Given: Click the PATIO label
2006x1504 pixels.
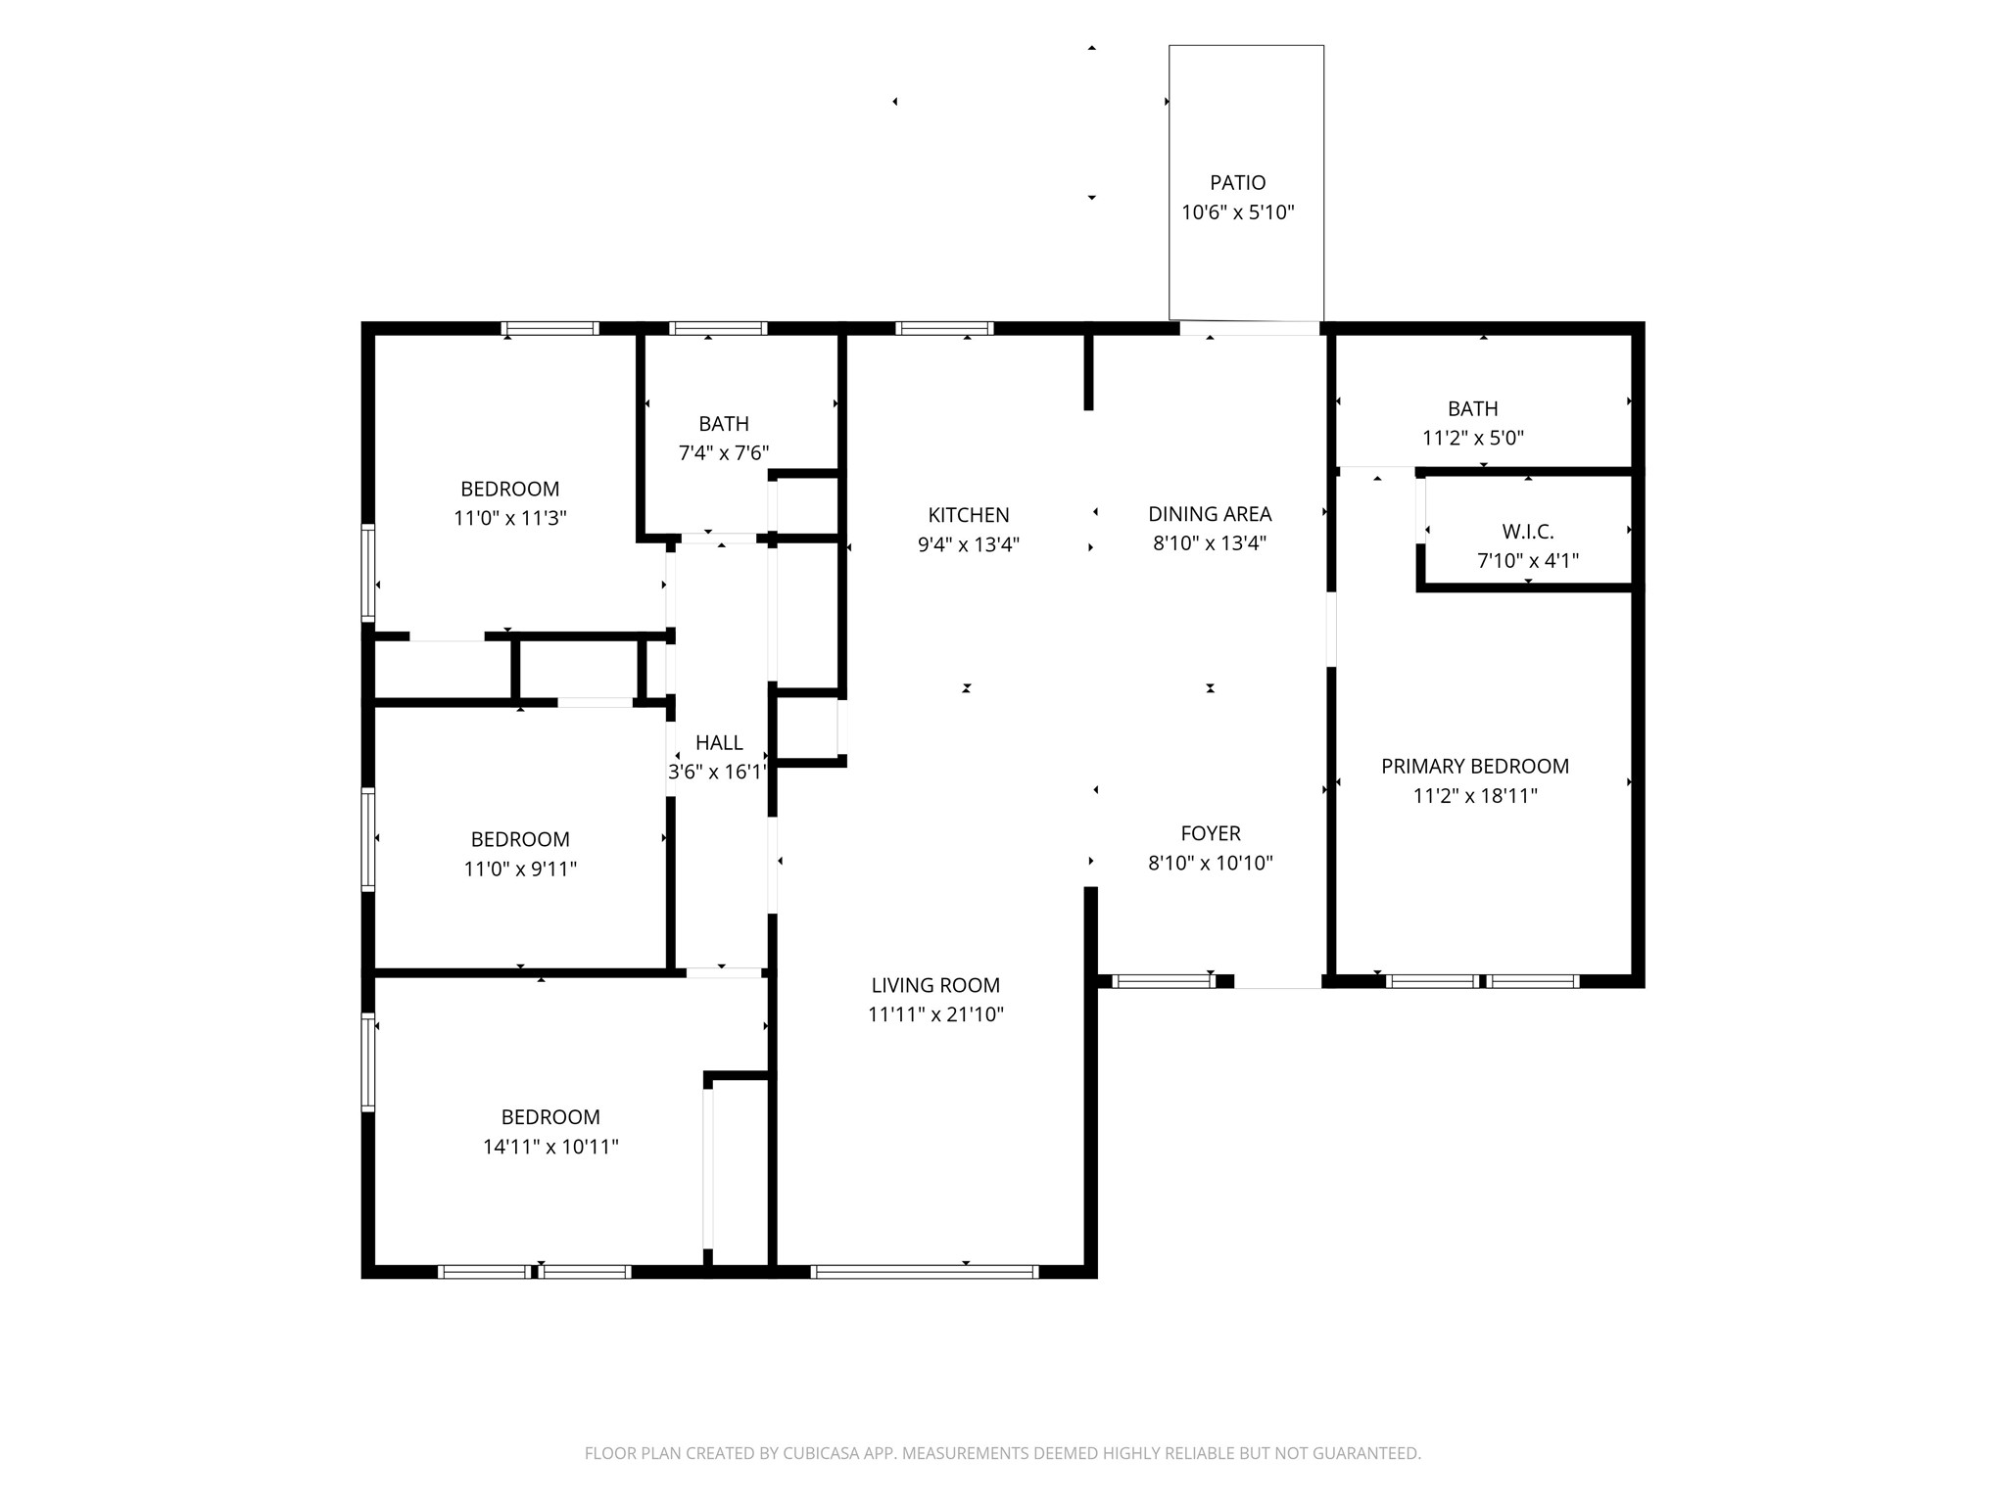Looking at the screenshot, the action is click(1238, 183).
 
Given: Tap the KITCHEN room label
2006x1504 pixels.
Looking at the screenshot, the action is click(969, 515).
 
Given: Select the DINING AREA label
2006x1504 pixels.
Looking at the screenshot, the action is click(1210, 514).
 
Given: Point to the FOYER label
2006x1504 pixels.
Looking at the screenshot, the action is click(1211, 833).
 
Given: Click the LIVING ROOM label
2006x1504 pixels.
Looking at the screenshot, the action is click(935, 985).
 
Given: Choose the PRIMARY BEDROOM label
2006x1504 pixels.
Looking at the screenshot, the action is click(1475, 767).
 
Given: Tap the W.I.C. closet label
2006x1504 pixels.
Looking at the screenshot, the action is click(1528, 532).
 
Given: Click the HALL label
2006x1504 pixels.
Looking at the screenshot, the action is click(719, 743).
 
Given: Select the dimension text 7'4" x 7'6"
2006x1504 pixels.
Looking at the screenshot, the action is click(724, 453).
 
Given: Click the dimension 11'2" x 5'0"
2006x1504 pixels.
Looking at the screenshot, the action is click(1473, 438).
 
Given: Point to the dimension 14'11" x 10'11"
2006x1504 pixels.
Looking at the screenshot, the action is click(550, 1147).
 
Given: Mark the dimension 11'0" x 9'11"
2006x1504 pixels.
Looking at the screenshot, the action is click(520, 869).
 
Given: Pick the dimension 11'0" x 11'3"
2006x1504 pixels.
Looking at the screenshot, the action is click(510, 518).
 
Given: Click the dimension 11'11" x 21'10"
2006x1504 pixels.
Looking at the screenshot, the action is click(935, 1014).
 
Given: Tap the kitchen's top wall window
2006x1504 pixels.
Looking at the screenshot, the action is click(944, 329).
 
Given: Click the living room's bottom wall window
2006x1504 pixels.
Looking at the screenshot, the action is click(924, 1272).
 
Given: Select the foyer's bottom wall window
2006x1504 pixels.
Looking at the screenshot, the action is click(1164, 981).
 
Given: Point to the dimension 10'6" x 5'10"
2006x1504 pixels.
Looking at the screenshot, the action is click(1238, 212).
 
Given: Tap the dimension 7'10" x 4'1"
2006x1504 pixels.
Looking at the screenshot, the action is click(1528, 561).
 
